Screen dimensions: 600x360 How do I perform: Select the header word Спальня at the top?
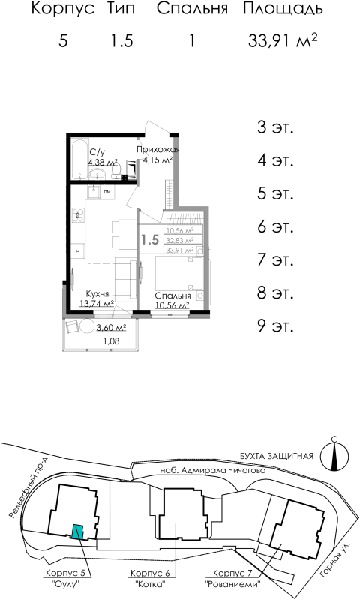pyautogui.click(x=191, y=10)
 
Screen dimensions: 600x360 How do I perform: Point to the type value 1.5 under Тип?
pyautogui.click(x=121, y=41)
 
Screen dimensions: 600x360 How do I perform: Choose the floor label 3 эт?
pyautogui.click(x=274, y=127)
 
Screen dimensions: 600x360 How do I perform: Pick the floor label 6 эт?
pyautogui.click(x=274, y=226)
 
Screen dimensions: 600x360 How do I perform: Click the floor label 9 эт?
pyautogui.click(x=274, y=325)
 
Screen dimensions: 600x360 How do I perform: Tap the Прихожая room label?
pyautogui.click(x=157, y=150)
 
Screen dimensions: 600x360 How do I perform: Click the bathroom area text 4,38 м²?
pyautogui.click(x=102, y=161)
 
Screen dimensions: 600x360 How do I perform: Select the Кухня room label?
pyautogui.click(x=99, y=295)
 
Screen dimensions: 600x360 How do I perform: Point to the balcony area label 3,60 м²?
pyautogui.click(x=110, y=328)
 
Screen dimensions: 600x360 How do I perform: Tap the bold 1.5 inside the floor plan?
pyautogui.click(x=150, y=240)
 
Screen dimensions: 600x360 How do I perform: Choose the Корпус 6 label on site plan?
pyautogui.click(x=150, y=573)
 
